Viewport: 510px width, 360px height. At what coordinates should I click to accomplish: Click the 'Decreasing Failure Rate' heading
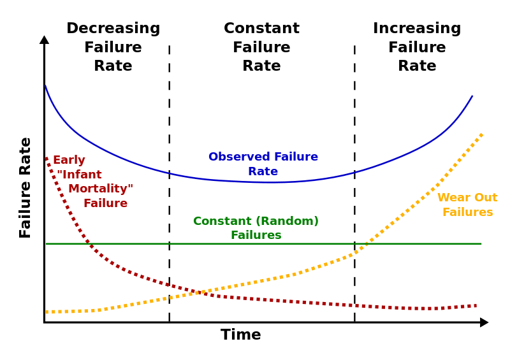pos(113,48)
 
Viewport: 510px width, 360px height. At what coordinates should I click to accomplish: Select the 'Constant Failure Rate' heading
pos(261,48)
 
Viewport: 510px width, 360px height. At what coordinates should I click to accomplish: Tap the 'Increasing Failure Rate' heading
pos(417,48)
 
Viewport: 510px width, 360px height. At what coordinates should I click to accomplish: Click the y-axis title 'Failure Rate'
pos(25,187)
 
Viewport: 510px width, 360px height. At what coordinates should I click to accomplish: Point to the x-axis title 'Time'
pos(240,335)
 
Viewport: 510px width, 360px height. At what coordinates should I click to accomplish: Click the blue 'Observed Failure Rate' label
pos(263,164)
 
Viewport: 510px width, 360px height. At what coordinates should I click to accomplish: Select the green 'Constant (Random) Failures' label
pos(256,228)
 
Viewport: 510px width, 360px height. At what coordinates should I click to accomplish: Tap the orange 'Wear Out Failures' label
pos(467,205)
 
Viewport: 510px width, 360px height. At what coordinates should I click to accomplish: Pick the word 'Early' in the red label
pos(69,161)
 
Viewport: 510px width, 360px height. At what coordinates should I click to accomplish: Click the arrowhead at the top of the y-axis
pos(44,40)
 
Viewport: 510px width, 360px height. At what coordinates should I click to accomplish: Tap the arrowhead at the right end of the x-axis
pos(484,322)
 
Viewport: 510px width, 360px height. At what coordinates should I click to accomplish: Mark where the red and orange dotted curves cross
pos(200,292)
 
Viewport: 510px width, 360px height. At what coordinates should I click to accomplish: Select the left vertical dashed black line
pos(169,185)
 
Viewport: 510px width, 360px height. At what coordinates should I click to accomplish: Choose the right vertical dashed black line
pos(354,185)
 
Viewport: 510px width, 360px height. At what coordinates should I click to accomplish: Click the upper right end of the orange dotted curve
pos(481,134)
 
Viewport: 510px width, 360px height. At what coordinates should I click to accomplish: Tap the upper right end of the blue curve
pos(472,97)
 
